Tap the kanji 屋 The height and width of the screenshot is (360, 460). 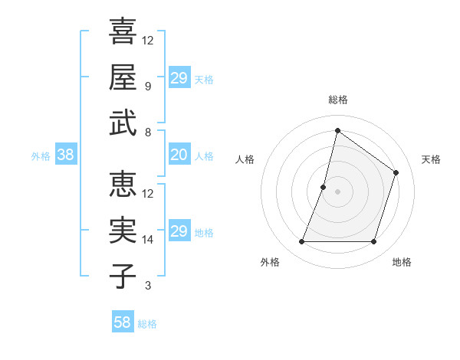point(123,77)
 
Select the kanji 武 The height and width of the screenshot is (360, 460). point(123,123)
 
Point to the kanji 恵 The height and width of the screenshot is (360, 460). point(123,184)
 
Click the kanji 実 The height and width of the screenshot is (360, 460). point(123,230)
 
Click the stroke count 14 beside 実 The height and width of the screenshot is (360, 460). point(148,240)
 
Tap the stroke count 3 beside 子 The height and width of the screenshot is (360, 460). point(147,286)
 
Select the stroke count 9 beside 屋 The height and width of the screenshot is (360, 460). point(147,87)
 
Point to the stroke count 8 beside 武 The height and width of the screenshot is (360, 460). point(147,133)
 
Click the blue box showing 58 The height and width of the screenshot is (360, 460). point(123,322)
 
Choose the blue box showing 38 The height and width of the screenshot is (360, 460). point(65,155)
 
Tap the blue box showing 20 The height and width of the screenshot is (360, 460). point(179,155)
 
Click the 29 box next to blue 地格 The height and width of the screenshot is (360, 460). point(179,231)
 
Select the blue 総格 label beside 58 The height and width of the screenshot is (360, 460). point(147,324)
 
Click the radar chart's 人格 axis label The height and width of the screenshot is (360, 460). point(245,159)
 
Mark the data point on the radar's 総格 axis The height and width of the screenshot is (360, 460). point(337,130)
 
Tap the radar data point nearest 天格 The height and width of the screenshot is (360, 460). point(396,172)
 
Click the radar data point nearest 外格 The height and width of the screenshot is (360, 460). point(301,242)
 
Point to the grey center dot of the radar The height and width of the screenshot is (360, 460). point(337,191)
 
